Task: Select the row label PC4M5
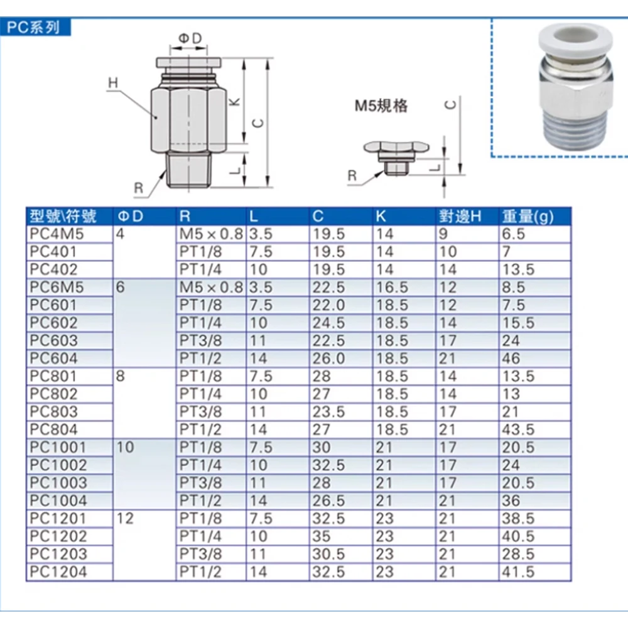[57, 234]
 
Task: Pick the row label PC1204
[58, 572]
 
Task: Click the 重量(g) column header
[528, 217]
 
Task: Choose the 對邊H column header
[460, 217]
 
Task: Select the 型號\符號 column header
[63, 217]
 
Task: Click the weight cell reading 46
[512, 359]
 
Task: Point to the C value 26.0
[328, 359]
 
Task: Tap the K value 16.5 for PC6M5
[391, 288]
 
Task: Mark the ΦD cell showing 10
[125, 448]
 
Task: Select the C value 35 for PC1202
[322, 536]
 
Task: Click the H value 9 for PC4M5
[443, 234]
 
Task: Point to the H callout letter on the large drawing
[113, 83]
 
